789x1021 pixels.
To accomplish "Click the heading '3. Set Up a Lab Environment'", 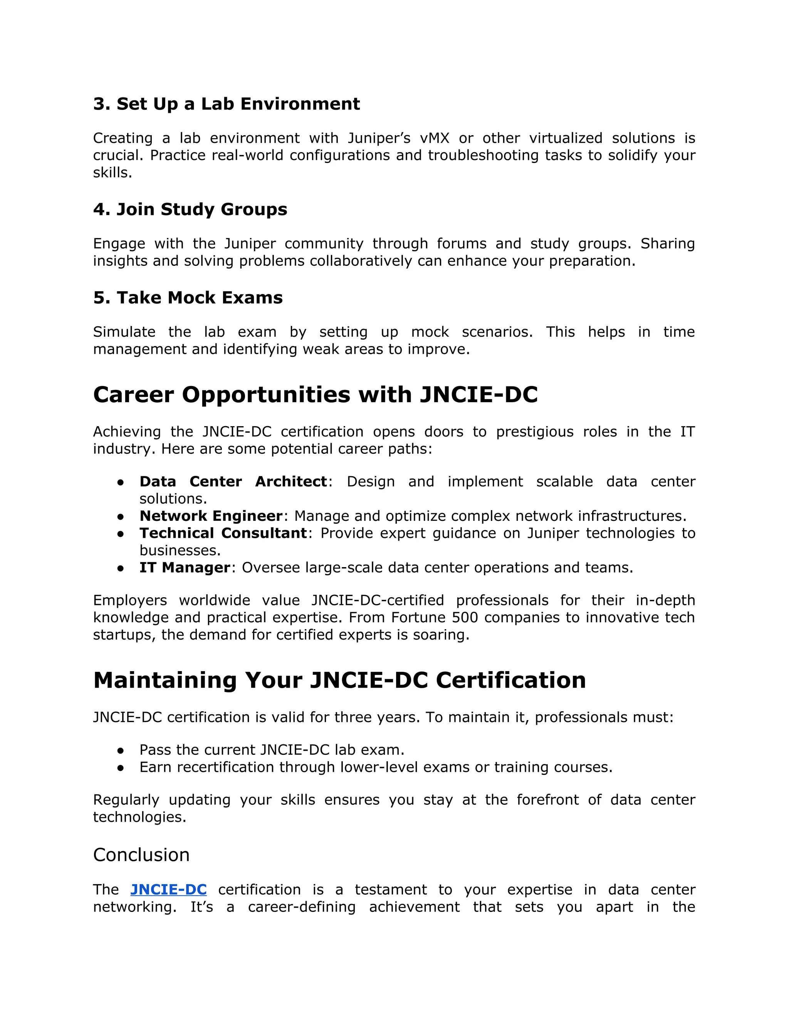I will pyautogui.click(x=226, y=104).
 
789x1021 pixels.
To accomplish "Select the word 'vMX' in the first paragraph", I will pyautogui.click(x=434, y=138).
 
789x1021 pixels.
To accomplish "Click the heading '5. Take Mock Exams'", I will pyautogui.click(x=188, y=297).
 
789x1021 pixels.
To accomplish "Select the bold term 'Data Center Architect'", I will pyautogui.click(x=233, y=482).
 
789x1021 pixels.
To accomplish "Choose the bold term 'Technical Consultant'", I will pyautogui.click(x=223, y=533).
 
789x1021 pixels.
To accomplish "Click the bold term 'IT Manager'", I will pyautogui.click(x=185, y=568).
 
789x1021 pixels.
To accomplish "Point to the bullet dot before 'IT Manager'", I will pyautogui.click(x=121, y=568).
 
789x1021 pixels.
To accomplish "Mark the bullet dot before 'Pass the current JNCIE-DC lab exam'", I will pyautogui.click(x=121, y=750).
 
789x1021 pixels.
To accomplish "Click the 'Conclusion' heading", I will pyautogui.click(x=141, y=855).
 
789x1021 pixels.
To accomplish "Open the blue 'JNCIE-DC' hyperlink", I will pyautogui.click(x=168, y=889).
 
